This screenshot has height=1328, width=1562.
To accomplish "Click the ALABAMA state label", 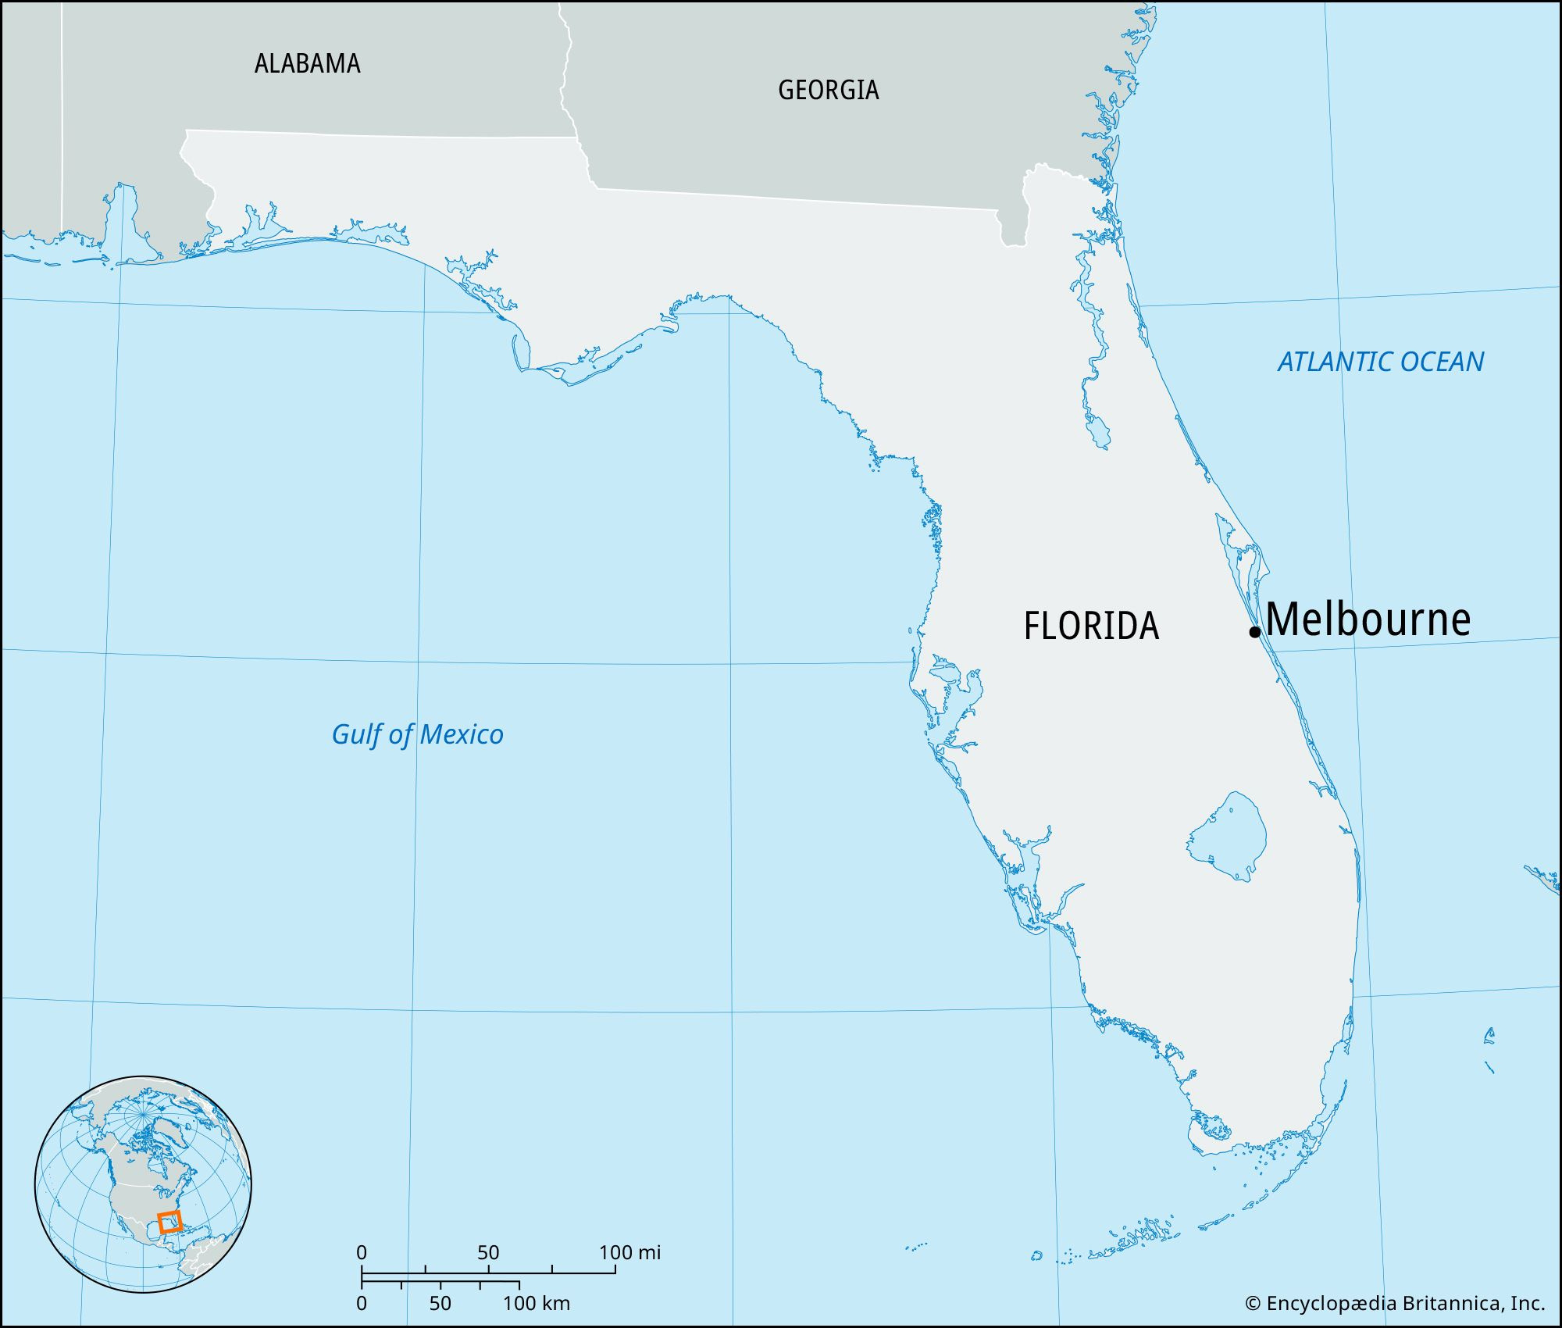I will [x=307, y=63].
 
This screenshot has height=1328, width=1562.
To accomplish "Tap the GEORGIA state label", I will [x=828, y=90].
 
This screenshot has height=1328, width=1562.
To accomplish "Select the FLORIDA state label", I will [x=1091, y=626].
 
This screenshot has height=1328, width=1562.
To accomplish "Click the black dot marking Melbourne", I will [x=1255, y=632].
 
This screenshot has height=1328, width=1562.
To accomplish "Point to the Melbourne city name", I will [x=1368, y=619].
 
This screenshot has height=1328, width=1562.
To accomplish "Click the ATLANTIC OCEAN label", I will [x=1381, y=362].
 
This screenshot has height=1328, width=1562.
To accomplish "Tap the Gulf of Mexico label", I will [x=417, y=734].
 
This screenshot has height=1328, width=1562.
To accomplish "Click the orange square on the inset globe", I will [x=169, y=1222].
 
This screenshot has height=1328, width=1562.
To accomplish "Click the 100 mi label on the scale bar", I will [x=629, y=1253].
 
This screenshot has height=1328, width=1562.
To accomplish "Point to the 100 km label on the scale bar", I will [x=536, y=1303].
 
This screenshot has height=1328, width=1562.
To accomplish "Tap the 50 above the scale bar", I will [x=488, y=1253].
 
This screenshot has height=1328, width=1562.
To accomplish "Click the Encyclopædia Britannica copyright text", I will [x=1394, y=1303].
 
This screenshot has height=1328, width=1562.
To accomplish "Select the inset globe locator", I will [x=143, y=1184].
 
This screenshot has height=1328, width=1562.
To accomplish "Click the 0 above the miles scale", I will [x=362, y=1253].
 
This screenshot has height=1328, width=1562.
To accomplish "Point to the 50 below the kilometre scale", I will [x=440, y=1303].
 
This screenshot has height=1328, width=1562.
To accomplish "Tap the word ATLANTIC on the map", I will [x=1336, y=362].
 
